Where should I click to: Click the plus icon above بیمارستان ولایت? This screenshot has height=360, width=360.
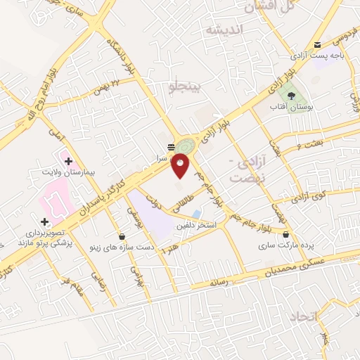(x=68, y=161)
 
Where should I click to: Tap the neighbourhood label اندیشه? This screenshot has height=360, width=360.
(x=224, y=30)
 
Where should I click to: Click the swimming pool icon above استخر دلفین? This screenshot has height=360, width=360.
(x=197, y=214)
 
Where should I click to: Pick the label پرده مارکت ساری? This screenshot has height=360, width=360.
(x=287, y=246)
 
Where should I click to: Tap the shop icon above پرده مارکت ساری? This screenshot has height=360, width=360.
(x=286, y=235)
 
